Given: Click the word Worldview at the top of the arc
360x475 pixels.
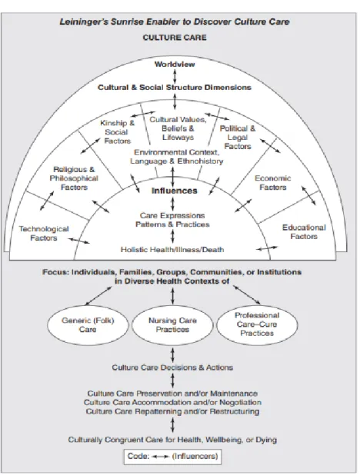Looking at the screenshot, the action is (175, 65).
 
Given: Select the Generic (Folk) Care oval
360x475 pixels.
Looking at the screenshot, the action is (88, 325).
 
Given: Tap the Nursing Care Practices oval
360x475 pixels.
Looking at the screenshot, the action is (172, 325).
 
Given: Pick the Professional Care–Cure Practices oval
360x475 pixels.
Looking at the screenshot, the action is (257, 324).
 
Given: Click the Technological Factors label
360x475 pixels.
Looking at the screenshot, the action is (44, 233).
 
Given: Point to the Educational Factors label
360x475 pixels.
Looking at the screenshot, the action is (304, 232).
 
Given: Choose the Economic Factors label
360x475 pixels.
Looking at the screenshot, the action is (272, 183).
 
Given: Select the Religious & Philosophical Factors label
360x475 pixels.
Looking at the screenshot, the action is (74, 178).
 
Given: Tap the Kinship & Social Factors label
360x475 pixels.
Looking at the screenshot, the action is (118, 131).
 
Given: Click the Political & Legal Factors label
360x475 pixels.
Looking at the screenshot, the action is (238, 138).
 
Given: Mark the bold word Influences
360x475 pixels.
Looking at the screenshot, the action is (175, 191).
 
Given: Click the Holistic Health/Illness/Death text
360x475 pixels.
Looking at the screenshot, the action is (172, 250).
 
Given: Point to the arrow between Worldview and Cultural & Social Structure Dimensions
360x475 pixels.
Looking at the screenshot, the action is (175, 76).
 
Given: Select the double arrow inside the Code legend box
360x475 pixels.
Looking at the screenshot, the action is (161, 457).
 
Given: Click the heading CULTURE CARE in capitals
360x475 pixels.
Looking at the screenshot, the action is (175, 38).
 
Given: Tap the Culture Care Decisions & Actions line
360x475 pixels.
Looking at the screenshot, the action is (172, 367).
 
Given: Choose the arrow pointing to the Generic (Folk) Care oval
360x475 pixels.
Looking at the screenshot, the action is (98, 296).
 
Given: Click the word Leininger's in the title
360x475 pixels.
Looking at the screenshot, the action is (84, 22).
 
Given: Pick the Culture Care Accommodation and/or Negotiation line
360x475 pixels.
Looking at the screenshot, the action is (172, 402).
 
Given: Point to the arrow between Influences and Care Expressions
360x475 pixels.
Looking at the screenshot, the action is (172, 204).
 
